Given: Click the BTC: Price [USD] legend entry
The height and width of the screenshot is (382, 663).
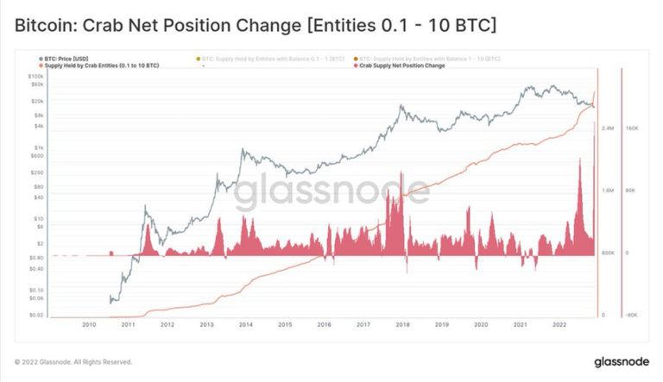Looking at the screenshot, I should pos(66,59).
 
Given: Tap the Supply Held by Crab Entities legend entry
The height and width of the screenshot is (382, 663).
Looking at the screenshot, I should pos(101,66).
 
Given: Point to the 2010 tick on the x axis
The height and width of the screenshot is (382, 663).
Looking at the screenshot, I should pos(88,325).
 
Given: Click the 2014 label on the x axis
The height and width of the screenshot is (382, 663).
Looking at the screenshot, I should pos(245,325).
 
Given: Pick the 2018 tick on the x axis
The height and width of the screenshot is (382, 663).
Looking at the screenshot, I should pos(402,325).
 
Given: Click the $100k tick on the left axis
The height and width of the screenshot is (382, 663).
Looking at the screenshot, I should pos(36,76).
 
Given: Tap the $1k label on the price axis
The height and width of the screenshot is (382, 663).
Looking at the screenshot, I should pos(39,147).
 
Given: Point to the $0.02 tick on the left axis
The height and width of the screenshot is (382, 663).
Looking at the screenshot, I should pos(37,316).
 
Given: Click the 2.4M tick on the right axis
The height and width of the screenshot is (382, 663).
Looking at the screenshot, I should pos(608,128).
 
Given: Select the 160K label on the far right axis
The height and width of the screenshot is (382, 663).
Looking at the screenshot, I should pos(631,128).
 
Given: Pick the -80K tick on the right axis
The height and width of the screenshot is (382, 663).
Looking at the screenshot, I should pos(631,316).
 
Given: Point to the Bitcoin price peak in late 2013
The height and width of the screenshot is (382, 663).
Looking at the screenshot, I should pos(243,150).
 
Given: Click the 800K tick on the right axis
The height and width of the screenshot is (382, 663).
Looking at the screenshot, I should pos(608,253).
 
